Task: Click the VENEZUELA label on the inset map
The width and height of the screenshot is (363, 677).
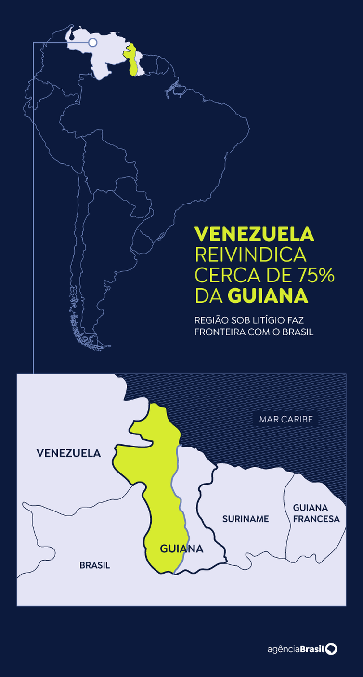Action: click(x=68, y=453)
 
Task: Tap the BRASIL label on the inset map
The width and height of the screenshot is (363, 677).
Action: click(x=95, y=565)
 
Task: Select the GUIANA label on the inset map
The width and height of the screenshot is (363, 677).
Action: click(x=181, y=549)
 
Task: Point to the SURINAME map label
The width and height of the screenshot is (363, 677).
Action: click(x=245, y=519)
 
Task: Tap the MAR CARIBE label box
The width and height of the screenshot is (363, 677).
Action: click(x=285, y=419)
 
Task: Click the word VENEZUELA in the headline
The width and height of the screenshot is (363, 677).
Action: click(x=254, y=234)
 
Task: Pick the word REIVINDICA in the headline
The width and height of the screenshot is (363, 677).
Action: click(x=250, y=255)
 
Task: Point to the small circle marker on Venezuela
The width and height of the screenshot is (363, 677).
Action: click(x=92, y=43)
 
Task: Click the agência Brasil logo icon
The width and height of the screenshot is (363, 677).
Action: click(x=331, y=649)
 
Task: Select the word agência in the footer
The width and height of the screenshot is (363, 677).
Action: click(x=284, y=649)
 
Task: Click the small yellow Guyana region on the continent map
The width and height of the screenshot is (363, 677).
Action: click(x=131, y=60)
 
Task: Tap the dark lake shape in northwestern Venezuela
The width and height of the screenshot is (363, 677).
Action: click(x=72, y=36)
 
